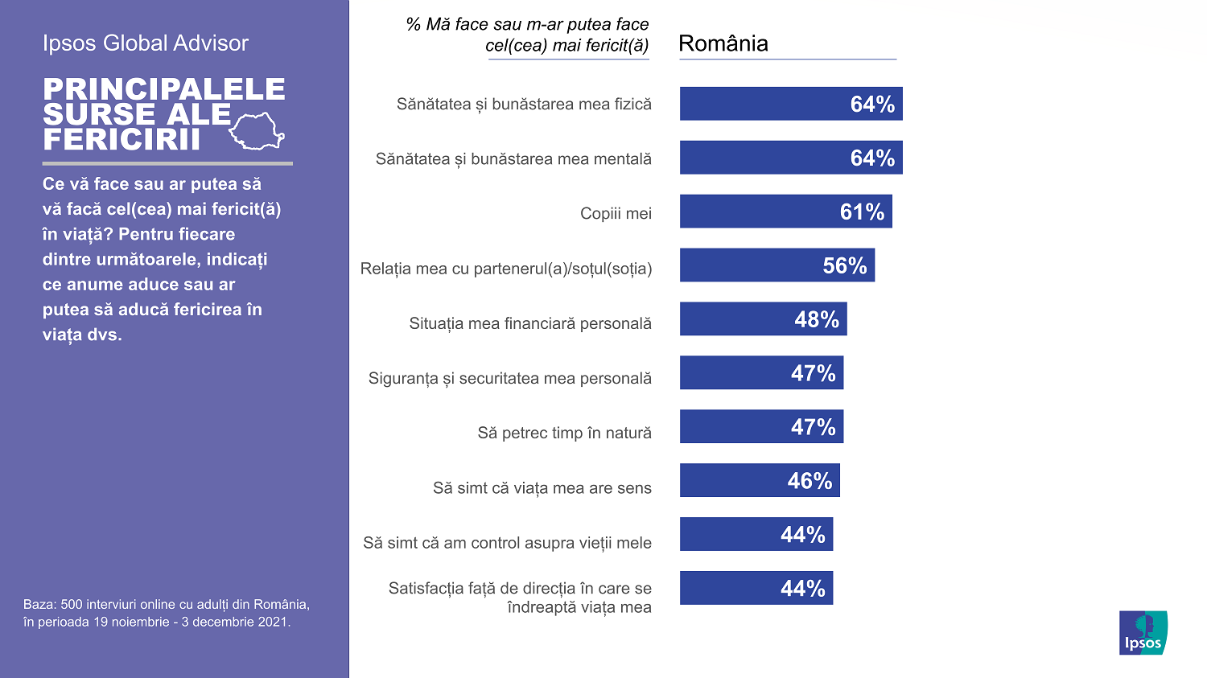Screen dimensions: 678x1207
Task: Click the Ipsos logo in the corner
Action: tap(1143, 632)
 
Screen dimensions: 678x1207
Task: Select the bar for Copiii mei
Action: tap(785, 212)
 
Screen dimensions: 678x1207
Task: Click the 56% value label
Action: tap(844, 265)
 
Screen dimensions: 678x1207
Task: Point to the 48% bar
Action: tap(763, 319)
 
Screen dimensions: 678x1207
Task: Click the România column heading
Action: tap(723, 43)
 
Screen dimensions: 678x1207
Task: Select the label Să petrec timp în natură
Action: tap(564, 433)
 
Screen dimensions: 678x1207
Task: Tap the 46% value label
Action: tap(809, 481)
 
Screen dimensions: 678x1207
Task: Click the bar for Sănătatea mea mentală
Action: tap(790, 158)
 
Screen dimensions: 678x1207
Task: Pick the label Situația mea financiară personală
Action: tap(530, 323)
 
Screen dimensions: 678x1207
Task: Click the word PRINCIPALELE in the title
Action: tap(164, 89)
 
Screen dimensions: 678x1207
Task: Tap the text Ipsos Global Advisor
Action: tap(146, 43)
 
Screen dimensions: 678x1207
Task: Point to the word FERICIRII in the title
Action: tap(122, 140)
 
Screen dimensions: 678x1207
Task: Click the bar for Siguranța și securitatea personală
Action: tap(760, 373)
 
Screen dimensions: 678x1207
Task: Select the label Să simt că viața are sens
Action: tap(542, 487)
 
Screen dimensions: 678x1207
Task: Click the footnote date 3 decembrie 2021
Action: tap(236, 622)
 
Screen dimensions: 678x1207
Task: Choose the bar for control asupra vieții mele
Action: tap(756, 534)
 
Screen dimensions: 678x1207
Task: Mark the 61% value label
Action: tap(862, 212)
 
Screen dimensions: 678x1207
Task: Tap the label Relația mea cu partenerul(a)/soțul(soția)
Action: tap(505, 269)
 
